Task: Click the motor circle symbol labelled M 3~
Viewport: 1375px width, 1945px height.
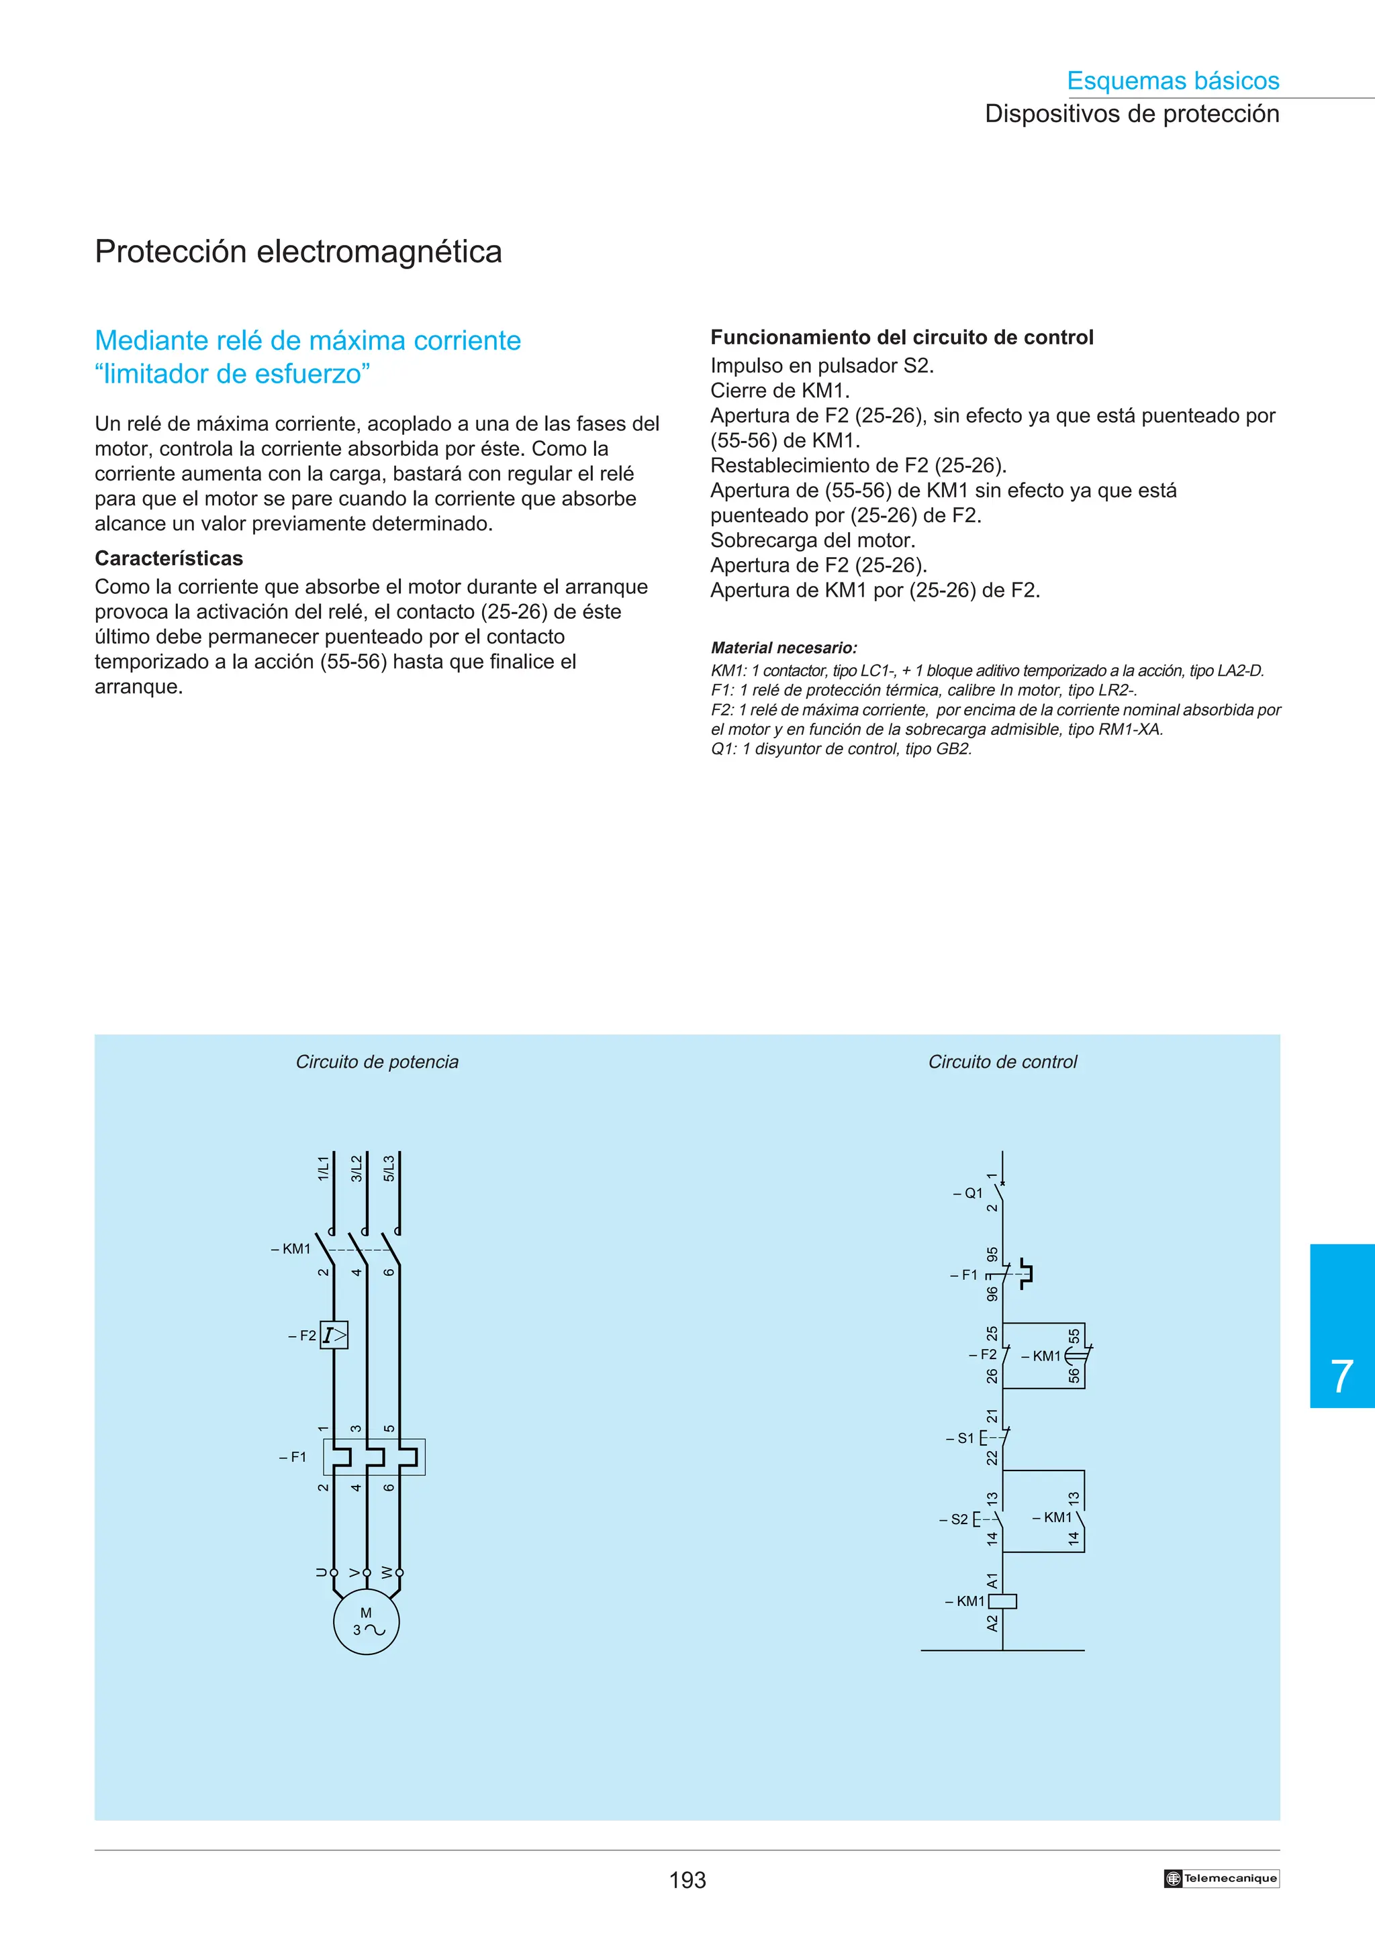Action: (x=366, y=1622)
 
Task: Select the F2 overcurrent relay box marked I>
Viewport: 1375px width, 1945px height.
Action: (x=334, y=1335)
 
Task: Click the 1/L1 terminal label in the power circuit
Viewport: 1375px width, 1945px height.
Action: (x=323, y=1168)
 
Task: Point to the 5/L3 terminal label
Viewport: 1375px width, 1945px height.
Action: (x=389, y=1168)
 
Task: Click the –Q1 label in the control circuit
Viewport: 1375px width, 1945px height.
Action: (x=967, y=1193)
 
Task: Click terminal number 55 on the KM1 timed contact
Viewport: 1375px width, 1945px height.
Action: (x=1074, y=1336)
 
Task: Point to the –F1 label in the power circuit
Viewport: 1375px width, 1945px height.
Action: (x=292, y=1457)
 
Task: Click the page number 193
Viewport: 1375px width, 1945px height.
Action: (x=687, y=1880)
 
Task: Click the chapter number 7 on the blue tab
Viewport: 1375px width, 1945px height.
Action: (x=1341, y=1377)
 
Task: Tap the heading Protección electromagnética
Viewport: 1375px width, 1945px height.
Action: (x=298, y=252)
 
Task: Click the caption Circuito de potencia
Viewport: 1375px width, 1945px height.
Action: (x=377, y=1062)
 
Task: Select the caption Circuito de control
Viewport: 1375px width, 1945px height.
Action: (x=1002, y=1062)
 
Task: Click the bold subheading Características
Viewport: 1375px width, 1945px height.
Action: (x=169, y=558)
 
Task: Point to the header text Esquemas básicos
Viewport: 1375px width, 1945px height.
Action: (x=1172, y=81)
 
